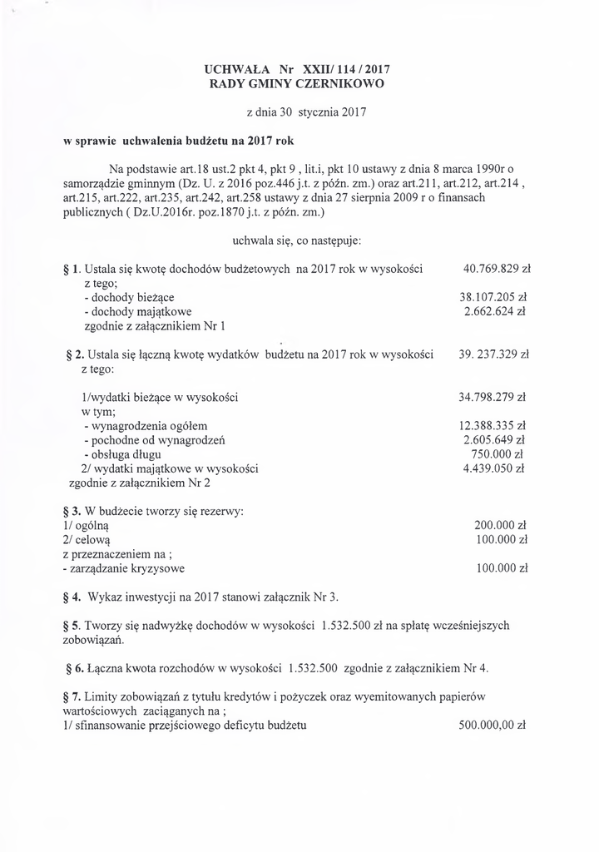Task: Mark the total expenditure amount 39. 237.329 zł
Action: [494, 354]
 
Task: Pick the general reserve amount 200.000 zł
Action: [500, 526]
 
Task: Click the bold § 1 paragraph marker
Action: [71, 270]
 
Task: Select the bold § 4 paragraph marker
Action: [71, 597]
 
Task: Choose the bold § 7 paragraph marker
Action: [71, 696]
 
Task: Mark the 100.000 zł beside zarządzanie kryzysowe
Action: [502, 569]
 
